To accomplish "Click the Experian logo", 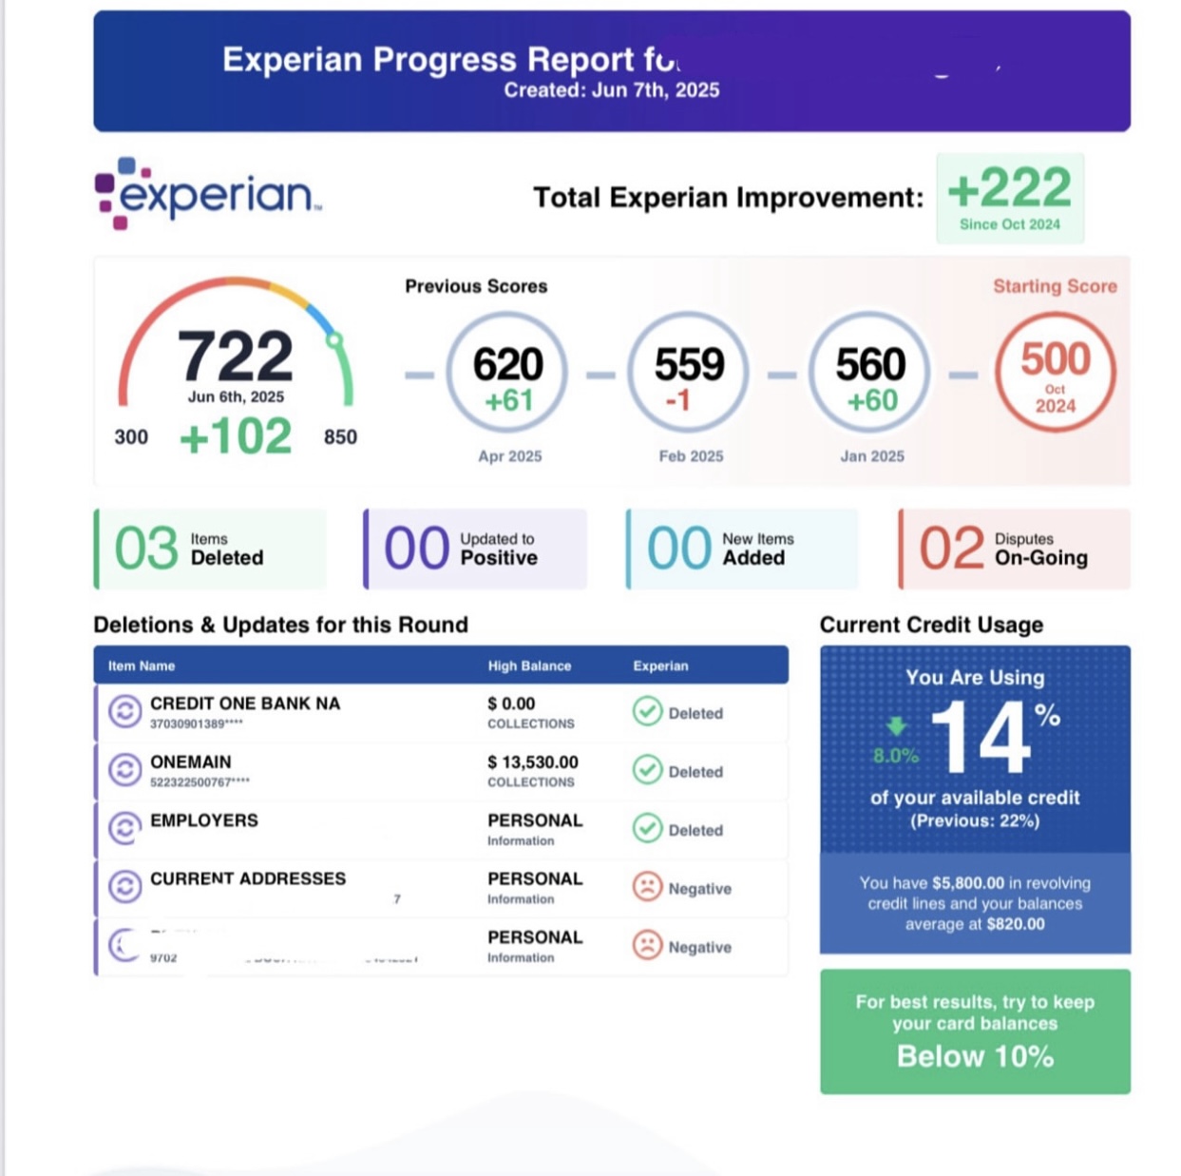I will [x=208, y=194].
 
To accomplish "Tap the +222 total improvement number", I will [x=1009, y=188].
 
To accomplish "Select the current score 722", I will [x=235, y=357].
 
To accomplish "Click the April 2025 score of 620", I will [x=508, y=365].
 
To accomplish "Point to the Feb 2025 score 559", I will [x=689, y=365].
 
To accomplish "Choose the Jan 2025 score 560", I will [x=870, y=365].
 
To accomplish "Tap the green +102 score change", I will [x=236, y=437].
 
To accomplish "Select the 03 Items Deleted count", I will [x=146, y=549].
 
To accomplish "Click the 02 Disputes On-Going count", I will [x=951, y=549].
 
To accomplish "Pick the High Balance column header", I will [x=529, y=665].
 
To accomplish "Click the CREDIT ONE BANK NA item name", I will [x=245, y=704].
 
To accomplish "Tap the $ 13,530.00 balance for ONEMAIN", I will [x=533, y=762].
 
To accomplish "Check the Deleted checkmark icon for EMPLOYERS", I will [x=647, y=829].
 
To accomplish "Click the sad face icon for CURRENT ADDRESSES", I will [x=647, y=888].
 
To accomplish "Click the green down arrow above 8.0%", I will [x=896, y=727].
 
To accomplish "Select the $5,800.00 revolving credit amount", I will [x=967, y=883].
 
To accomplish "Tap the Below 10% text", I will [x=975, y=1056].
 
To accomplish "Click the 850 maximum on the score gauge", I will [x=340, y=437].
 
